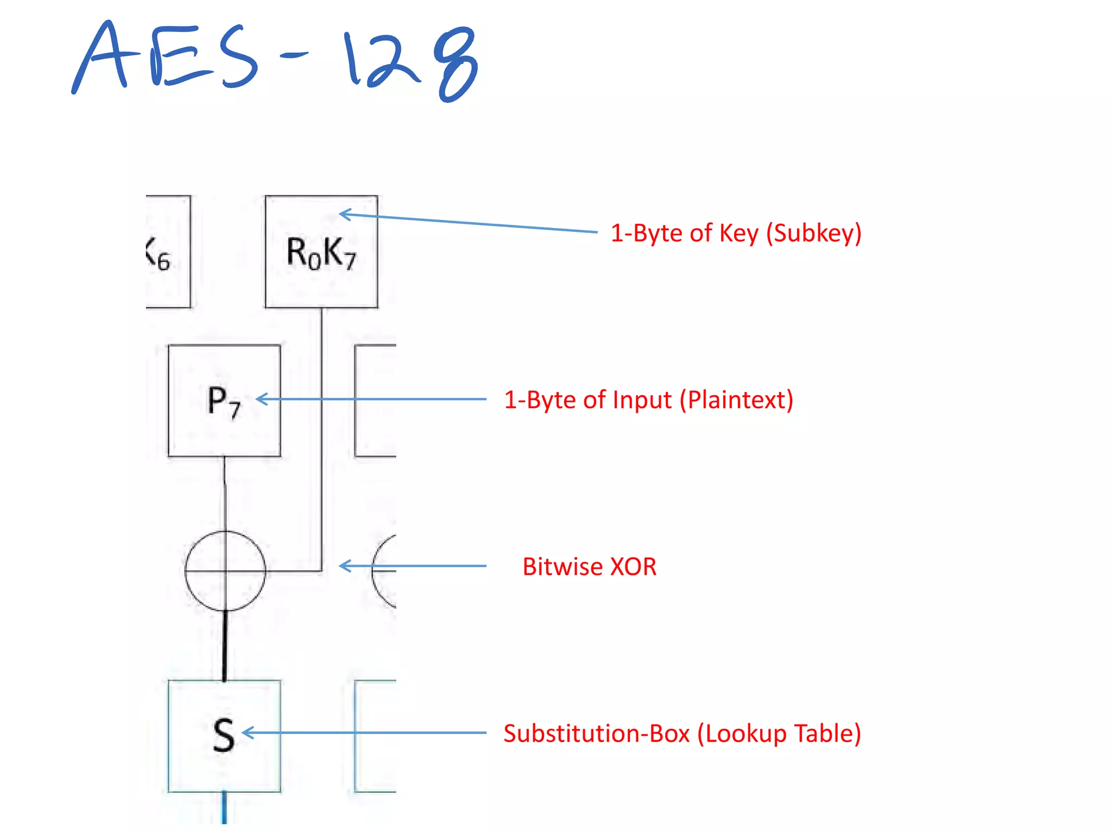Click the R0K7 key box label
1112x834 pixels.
321,253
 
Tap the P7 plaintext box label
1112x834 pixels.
224,402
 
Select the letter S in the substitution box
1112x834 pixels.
224,735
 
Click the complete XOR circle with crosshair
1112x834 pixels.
225,571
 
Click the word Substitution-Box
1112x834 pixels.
596,734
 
